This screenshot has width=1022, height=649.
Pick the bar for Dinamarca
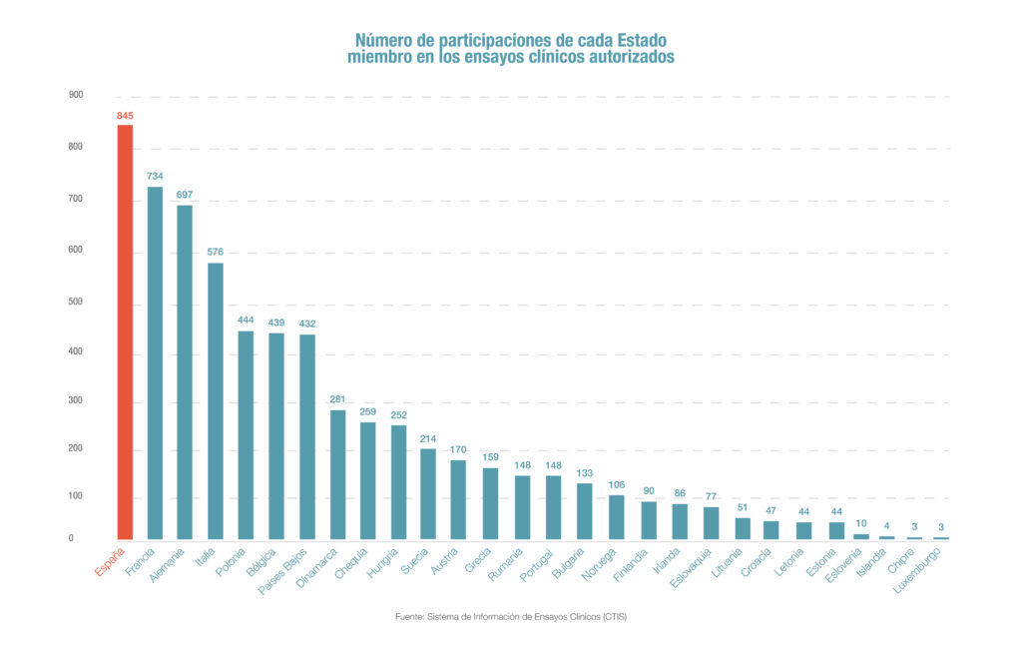[x=337, y=474]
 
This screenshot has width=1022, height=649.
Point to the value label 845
[x=125, y=116]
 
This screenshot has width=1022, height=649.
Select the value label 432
[x=307, y=324]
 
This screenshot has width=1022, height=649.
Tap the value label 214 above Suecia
[x=428, y=437]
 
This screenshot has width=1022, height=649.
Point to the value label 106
[x=617, y=484]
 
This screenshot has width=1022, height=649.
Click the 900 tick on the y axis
[x=76, y=95]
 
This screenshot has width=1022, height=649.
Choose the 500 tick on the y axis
[x=76, y=302]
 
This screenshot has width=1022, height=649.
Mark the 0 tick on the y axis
[x=71, y=539]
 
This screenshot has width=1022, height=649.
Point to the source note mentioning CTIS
[x=510, y=617]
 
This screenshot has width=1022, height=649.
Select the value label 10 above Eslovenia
[x=860, y=523]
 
